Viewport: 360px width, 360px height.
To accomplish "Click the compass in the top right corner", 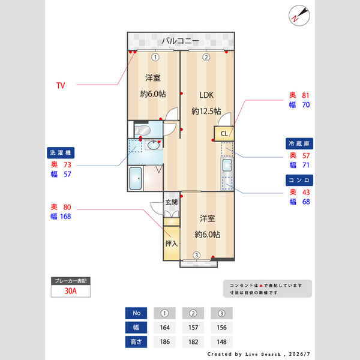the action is coord(299,16).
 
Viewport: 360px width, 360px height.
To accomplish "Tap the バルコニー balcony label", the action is coord(181,41).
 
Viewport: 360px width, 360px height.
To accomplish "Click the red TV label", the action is coord(61,85).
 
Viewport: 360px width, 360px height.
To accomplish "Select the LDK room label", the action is coord(206,95).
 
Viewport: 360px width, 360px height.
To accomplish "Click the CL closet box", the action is coord(224,133).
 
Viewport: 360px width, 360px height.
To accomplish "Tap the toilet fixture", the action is coord(142,130).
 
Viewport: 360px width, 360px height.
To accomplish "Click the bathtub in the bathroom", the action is coord(136,178).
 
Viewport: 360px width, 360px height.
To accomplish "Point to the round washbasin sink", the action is coord(154,145).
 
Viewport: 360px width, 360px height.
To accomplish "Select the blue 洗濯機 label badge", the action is coord(61,152).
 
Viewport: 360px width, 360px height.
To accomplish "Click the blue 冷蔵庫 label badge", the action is coord(299,143).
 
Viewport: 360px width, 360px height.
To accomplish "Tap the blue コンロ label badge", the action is coord(299,180).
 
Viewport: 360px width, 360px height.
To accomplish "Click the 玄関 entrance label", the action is coord(172,202).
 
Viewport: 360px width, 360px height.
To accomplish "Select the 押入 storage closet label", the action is coord(172,244).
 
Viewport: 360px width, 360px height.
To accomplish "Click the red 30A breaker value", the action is coord(70,291).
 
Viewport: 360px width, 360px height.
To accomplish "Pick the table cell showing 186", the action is coord(164,341).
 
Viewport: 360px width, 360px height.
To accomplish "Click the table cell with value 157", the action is coord(193,328).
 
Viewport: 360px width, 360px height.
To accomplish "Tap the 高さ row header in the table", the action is coord(136,341).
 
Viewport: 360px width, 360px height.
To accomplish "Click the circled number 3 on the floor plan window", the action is coord(196,255).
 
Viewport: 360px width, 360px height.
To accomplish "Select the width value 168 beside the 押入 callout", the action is coord(65,216).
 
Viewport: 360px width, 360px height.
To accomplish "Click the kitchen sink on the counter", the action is coord(227,165).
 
